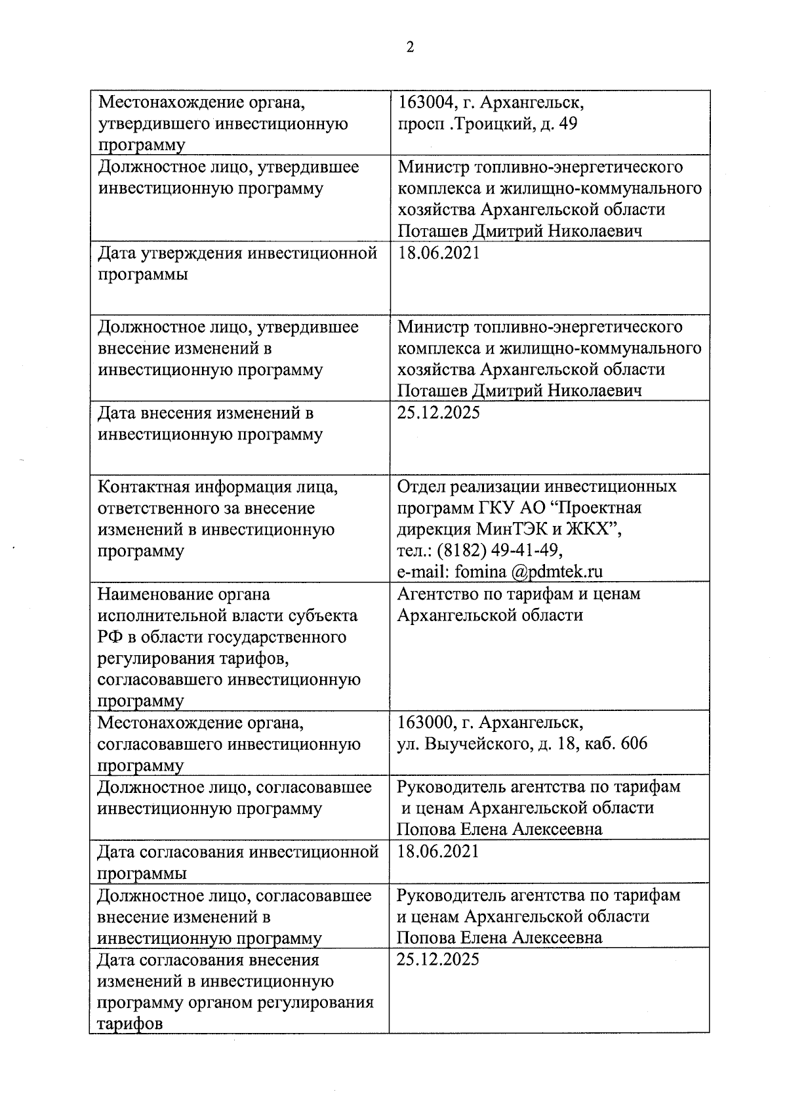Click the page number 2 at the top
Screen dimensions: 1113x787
click(411, 47)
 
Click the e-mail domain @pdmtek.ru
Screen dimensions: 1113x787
click(555, 571)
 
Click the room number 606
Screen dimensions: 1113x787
click(633, 744)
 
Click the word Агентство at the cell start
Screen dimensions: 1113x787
click(436, 594)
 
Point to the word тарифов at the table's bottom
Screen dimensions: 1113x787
click(130, 1023)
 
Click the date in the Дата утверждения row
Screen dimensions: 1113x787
click(439, 253)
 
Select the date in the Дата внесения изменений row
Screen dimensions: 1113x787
click(439, 413)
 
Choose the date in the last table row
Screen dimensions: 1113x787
click(439, 960)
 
